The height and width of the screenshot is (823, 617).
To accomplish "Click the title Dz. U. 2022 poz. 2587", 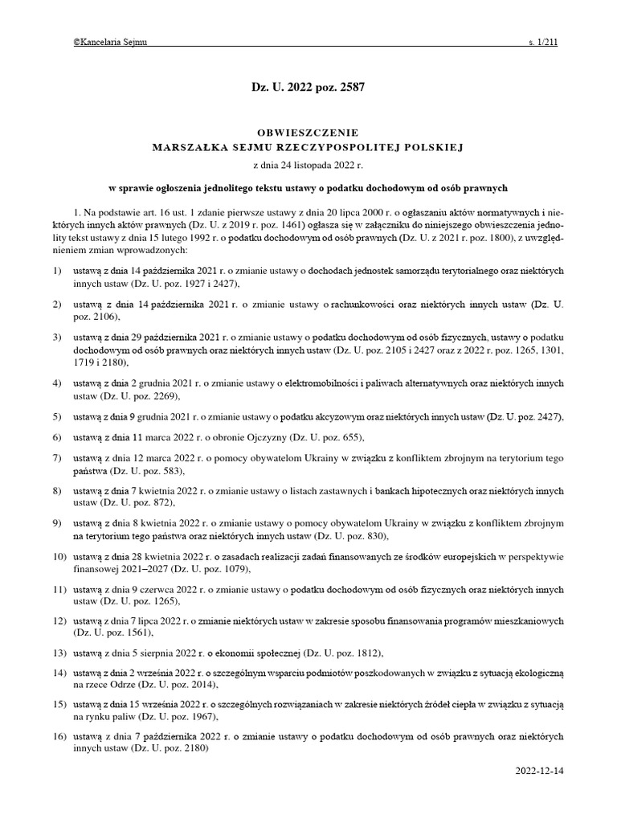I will point(308,88).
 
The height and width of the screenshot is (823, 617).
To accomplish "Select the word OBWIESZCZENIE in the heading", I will point(308,132).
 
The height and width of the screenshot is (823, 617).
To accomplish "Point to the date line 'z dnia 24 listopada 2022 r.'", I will point(308,164).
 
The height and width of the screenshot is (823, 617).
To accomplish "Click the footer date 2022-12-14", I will point(541,771).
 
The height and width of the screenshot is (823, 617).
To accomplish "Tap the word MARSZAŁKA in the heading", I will point(191,148).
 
